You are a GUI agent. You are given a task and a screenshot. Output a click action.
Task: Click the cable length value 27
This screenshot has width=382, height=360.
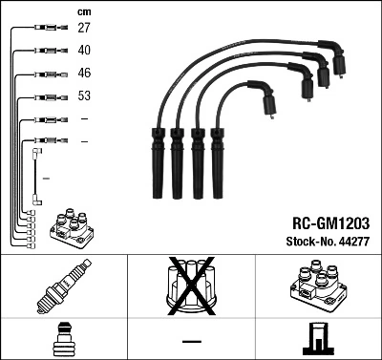(x=84, y=29)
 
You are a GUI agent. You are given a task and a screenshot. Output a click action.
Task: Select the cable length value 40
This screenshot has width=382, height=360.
(x=84, y=51)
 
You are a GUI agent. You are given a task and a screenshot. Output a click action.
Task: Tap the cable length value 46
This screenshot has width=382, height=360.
(x=84, y=73)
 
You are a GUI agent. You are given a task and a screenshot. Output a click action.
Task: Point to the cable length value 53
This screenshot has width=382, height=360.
(x=84, y=96)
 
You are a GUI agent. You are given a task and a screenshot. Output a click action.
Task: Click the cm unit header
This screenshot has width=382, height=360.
(x=82, y=10)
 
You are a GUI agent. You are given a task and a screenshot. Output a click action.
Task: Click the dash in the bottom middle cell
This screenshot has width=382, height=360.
(x=191, y=341)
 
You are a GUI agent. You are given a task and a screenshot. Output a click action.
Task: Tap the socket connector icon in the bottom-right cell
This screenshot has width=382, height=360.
(x=319, y=340)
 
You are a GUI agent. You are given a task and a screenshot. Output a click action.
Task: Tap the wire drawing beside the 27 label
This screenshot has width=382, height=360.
(x=42, y=29)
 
